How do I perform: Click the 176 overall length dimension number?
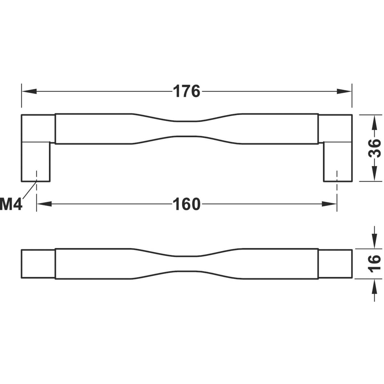tap(187, 92)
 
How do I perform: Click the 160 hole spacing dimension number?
tap(187, 204)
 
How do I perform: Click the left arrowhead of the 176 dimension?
tap(29, 92)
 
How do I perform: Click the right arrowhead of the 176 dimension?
tap(344, 92)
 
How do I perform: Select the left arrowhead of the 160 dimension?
tap(44, 204)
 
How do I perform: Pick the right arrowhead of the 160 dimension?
tap(329, 204)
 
